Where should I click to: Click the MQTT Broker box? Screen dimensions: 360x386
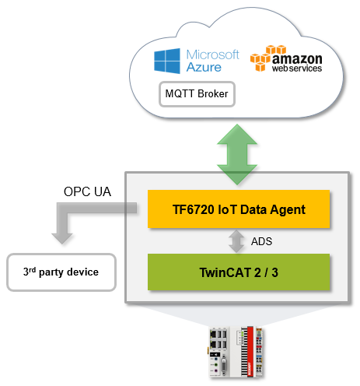click(197, 94)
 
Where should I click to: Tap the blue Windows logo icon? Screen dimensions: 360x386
click(167, 61)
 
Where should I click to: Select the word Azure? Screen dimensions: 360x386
click(204, 67)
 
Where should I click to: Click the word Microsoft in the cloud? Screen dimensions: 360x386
click(212, 54)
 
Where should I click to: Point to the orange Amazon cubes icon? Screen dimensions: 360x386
click(267, 58)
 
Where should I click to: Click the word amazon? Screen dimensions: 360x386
click(297, 59)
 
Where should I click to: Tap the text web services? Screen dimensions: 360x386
click(297, 68)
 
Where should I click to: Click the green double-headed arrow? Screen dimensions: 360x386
click(237, 154)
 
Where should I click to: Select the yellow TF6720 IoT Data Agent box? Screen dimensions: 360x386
click(239, 209)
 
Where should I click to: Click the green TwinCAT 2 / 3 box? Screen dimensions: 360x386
click(239, 272)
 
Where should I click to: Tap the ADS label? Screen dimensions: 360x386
click(261, 241)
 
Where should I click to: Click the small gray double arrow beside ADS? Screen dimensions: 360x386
click(236, 241)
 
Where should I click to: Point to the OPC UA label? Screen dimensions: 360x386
click(87, 191)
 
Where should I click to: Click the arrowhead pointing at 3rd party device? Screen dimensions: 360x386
click(62, 238)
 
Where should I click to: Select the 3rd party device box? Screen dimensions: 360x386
click(61, 272)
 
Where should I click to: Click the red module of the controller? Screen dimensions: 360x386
click(250, 352)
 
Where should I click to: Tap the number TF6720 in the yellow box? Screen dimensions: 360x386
click(194, 209)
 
